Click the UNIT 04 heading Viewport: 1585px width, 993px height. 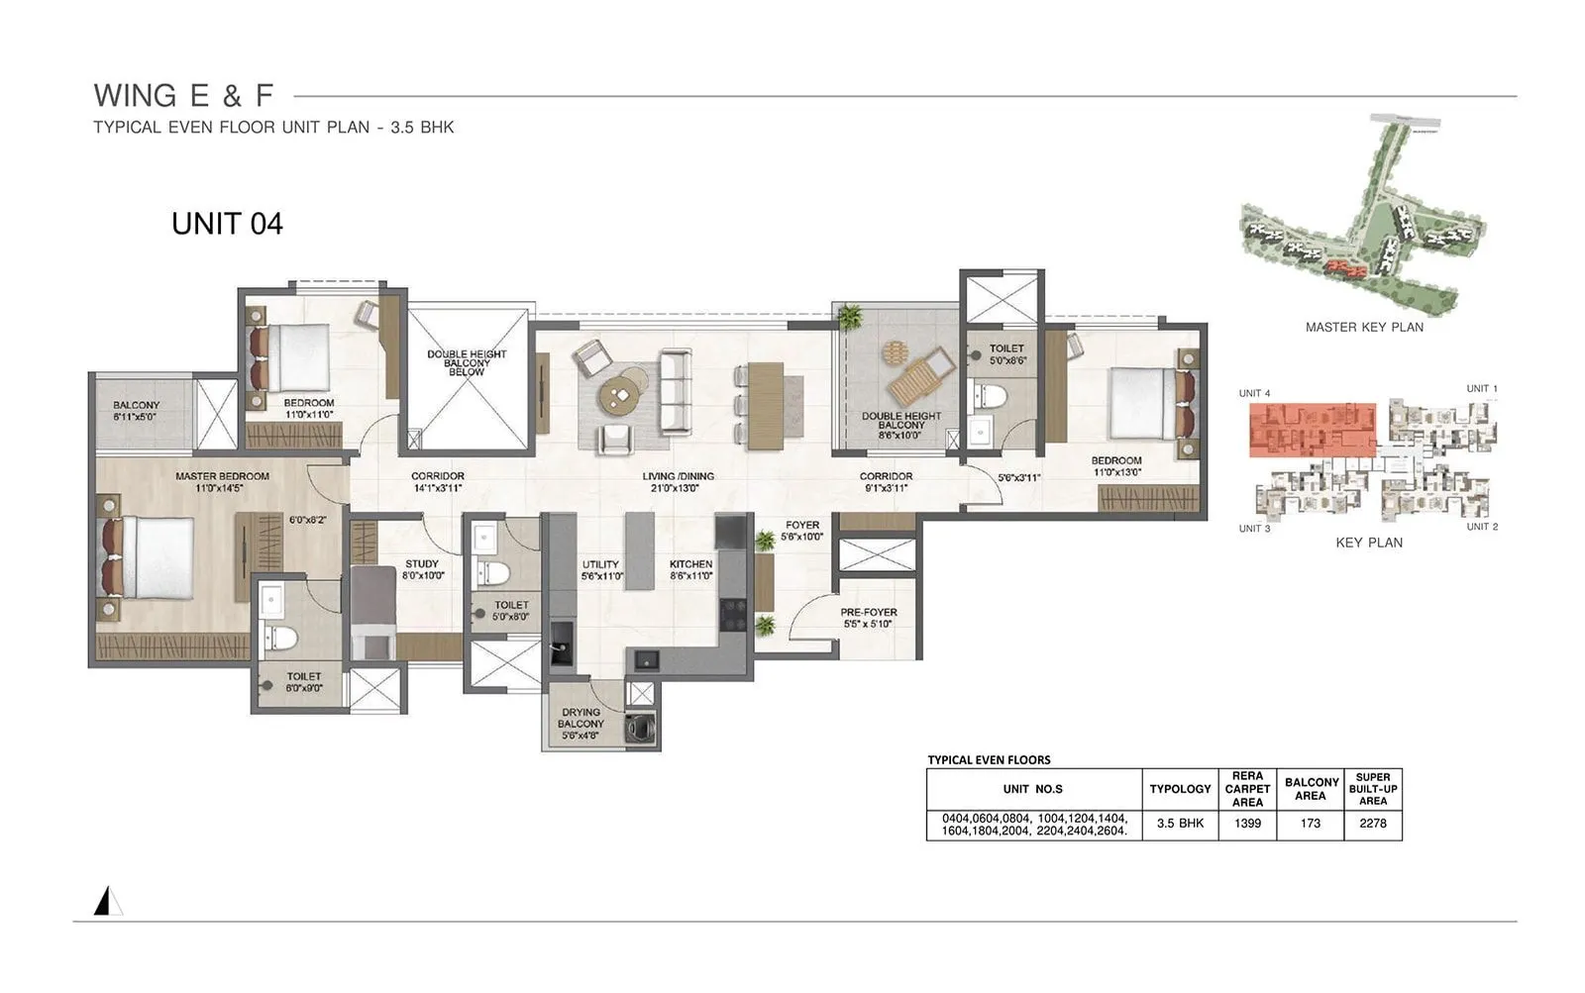(x=227, y=224)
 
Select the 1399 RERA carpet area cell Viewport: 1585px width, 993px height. (x=1247, y=824)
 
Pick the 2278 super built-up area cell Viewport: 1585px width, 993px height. (x=1372, y=824)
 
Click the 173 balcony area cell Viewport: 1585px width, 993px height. (x=1310, y=824)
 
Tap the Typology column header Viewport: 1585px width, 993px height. (x=1180, y=789)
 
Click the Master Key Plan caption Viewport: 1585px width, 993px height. (x=1364, y=328)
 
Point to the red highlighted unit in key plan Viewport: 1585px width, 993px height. (x=1312, y=429)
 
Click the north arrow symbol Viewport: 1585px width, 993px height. (x=107, y=901)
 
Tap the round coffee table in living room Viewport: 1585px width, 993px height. (x=621, y=396)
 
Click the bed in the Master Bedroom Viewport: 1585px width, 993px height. (x=149, y=557)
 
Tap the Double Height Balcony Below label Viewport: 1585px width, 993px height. (x=467, y=362)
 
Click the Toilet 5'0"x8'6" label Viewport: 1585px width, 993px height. (x=1006, y=354)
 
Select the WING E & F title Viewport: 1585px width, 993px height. (x=183, y=96)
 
